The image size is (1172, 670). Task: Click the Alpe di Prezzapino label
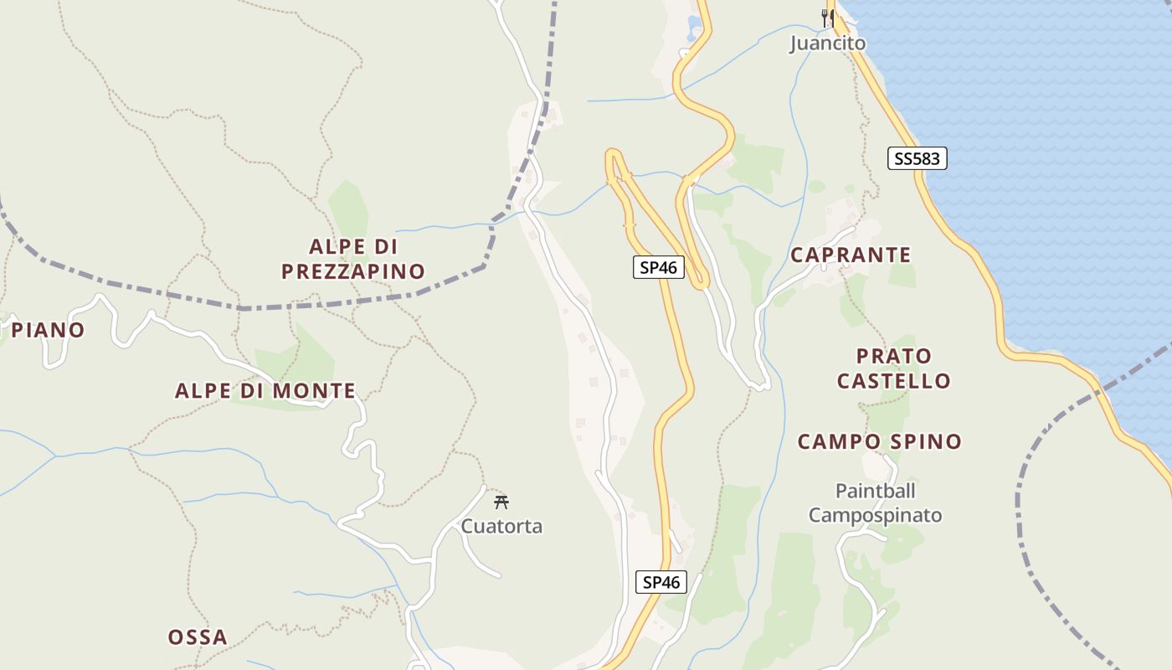click(352, 259)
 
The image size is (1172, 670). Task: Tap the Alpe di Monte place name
click(265, 391)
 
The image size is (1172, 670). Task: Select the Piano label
click(48, 330)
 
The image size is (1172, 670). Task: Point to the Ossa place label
click(198, 637)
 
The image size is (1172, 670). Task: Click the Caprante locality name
click(851, 255)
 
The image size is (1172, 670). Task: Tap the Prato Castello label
click(893, 368)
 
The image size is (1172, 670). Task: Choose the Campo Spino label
click(879, 441)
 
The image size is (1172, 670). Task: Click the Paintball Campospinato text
click(875, 503)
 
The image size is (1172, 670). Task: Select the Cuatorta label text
click(501, 527)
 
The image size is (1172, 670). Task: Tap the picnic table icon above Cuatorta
click(501, 502)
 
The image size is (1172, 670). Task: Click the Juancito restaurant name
click(827, 43)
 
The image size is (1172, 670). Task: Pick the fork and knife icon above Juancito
click(827, 17)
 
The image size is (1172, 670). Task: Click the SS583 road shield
click(917, 158)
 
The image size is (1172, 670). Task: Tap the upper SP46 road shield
click(658, 268)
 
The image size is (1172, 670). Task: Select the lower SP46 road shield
click(661, 583)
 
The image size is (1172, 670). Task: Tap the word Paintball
click(875, 491)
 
